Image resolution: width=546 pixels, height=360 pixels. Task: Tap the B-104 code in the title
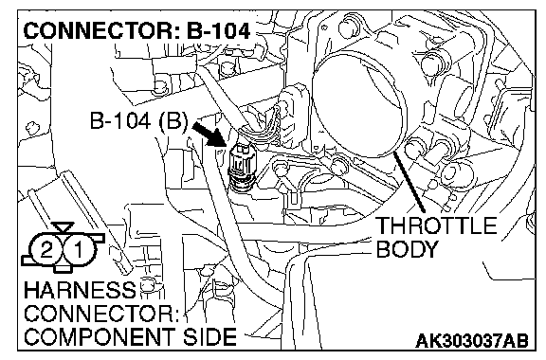coord(219,30)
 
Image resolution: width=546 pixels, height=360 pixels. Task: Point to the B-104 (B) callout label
coord(138,121)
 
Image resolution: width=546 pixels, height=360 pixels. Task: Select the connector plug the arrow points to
coord(242,168)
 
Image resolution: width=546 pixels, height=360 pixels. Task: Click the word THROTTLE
coord(437,225)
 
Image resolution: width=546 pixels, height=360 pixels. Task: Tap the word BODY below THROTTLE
coord(407,249)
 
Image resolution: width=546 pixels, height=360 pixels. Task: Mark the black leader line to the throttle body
coord(409,182)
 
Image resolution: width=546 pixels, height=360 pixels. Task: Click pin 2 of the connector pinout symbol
coord(45,249)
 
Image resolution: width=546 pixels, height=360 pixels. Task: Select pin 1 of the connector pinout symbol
coord(79,249)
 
